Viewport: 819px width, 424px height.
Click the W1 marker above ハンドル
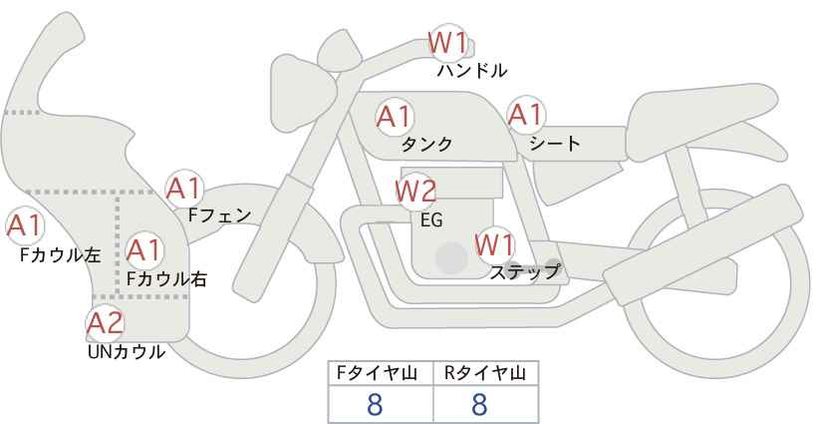point(447,43)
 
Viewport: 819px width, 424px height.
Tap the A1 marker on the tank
point(395,117)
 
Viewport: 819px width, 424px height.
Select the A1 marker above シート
point(526,115)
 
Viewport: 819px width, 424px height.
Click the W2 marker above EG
point(415,192)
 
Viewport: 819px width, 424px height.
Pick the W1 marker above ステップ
point(494,244)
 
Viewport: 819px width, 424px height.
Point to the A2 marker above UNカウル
point(105,322)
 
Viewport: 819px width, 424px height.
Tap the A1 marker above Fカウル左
point(24,225)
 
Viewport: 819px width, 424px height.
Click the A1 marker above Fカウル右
point(144,250)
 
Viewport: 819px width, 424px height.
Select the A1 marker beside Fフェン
point(184,189)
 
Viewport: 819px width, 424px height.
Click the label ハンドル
point(471,71)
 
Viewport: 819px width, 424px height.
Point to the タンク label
point(426,145)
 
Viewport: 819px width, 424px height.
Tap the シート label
point(554,144)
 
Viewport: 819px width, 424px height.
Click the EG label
point(431,220)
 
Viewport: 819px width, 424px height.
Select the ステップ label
point(524,272)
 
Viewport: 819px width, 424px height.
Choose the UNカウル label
point(127,352)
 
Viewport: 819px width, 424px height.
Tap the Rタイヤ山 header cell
point(486,373)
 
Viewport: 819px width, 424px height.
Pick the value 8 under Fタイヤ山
point(375,404)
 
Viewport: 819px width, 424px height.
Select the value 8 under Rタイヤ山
point(479,404)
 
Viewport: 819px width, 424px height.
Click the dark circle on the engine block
point(451,257)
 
